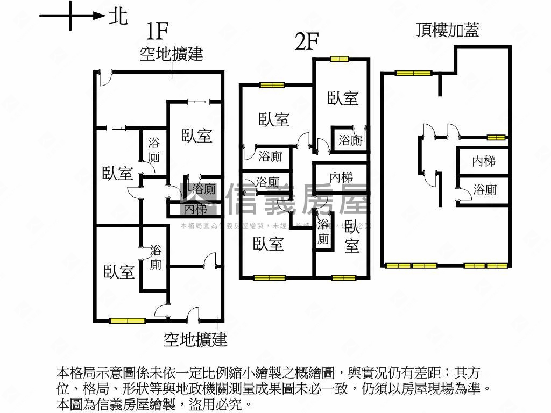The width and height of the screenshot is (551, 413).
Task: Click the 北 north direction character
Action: click(x=118, y=16)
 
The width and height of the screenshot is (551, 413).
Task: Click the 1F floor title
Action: click(x=159, y=32)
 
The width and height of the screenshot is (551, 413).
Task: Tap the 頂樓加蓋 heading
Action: click(x=447, y=30)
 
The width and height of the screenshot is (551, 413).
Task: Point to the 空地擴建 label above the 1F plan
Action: click(x=171, y=54)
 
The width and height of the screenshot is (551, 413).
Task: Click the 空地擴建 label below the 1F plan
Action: click(x=195, y=339)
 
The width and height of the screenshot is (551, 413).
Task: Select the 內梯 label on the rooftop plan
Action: click(x=484, y=161)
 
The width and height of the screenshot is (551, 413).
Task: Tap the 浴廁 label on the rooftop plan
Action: click(x=484, y=189)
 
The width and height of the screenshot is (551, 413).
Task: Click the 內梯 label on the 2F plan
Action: click(x=341, y=176)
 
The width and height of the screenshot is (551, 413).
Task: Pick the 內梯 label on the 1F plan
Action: click(x=195, y=208)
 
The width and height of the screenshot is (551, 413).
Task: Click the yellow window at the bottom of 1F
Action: click(x=128, y=321)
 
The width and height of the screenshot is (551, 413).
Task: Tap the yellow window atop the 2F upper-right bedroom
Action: click(x=340, y=59)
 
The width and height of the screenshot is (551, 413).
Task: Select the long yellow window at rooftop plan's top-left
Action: click(x=413, y=73)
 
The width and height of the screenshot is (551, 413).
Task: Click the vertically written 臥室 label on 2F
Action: click(x=352, y=236)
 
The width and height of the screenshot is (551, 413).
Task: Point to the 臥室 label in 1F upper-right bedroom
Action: click(x=196, y=136)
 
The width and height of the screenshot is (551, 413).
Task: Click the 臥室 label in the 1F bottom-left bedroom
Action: click(x=119, y=272)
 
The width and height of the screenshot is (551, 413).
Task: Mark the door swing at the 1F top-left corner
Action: click(x=105, y=79)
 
